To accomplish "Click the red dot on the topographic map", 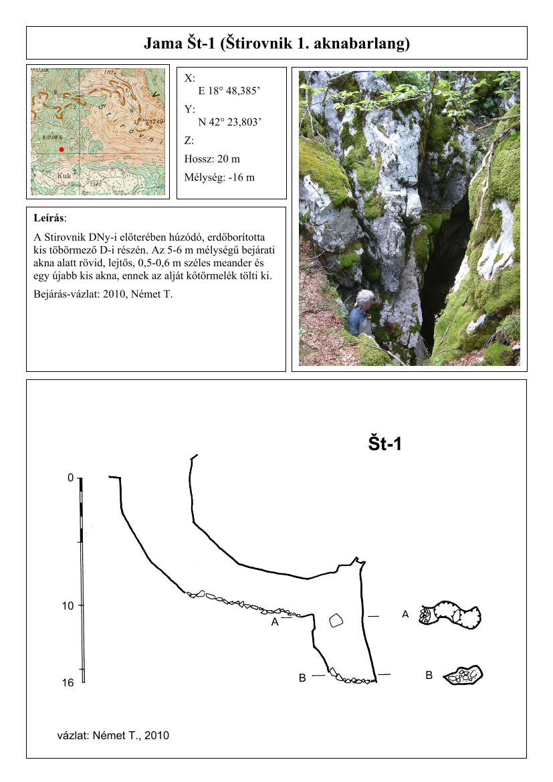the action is click(x=62, y=149).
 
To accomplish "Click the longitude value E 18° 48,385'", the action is click(x=229, y=91).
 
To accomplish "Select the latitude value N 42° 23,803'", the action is click(x=229, y=122).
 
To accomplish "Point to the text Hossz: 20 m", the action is click(x=212, y=159).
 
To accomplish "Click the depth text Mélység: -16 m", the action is click(x=219, y=177).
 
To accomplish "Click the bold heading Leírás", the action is click(x=49, y=218).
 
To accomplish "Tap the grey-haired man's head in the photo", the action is click(x=364, y=298).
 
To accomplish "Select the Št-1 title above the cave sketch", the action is click(x=385, y=444).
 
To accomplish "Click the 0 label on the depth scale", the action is click(x=70, y=478).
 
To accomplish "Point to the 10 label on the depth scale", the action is click(x=68, y=606).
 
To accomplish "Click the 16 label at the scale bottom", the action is click(x=68, y=683).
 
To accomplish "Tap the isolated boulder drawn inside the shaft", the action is click(x=336, y=620).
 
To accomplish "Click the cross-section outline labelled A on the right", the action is click(x=450, y=615).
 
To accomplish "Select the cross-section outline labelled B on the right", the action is click(x=463, y=675).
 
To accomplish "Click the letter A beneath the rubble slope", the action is click(x=275, y=622).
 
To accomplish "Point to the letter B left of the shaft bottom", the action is click(x=302, y=678).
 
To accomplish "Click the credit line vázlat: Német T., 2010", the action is click(x=113, y=735).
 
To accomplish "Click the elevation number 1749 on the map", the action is click(x=156, y=122).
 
